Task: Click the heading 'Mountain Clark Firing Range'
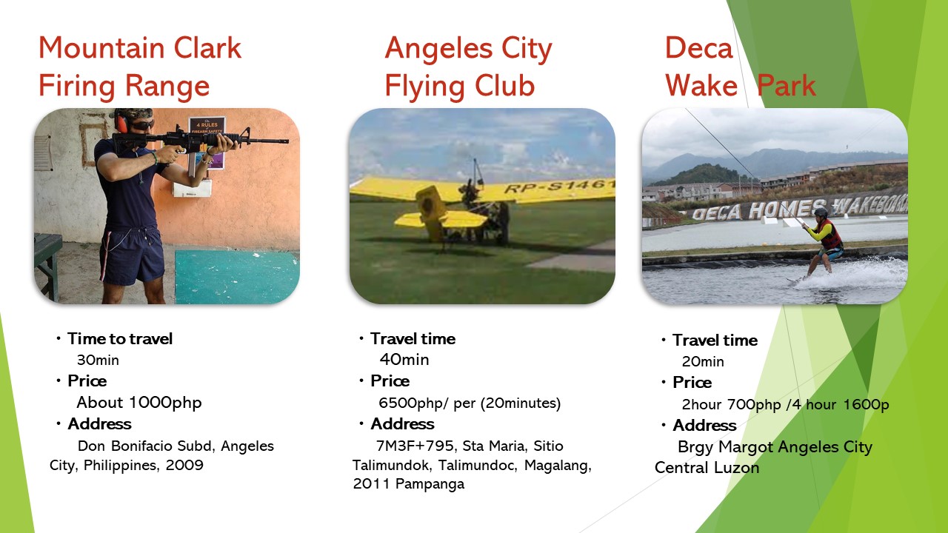(140, 67)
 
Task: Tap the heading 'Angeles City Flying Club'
(469, 67)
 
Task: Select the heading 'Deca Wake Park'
(741, 67)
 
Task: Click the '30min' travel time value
(98, 361)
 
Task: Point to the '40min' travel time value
(404, 360)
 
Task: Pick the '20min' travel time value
(703, 362)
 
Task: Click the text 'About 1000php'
(138, 403)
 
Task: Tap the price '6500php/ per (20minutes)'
(470, 403)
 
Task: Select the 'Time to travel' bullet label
(120, 339)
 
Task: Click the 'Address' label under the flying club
(402, 424)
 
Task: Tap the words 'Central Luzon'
(707, 468)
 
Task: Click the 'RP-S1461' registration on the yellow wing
(558, 185)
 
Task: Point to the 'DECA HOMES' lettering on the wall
(758, 210)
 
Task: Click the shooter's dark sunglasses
(141, 125)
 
